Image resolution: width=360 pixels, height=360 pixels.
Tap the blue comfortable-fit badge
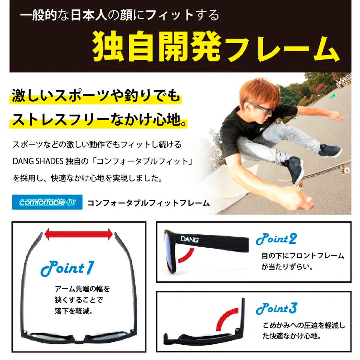pos(47,202)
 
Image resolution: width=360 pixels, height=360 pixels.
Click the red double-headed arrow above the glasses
pos(79,234)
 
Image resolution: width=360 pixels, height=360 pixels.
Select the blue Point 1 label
pos(67,269)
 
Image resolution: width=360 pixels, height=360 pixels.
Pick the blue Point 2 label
pos(276,239)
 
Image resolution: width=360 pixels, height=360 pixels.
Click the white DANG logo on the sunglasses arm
pos(189,239)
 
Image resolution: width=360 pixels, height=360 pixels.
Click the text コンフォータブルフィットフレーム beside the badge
pos(148,203)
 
